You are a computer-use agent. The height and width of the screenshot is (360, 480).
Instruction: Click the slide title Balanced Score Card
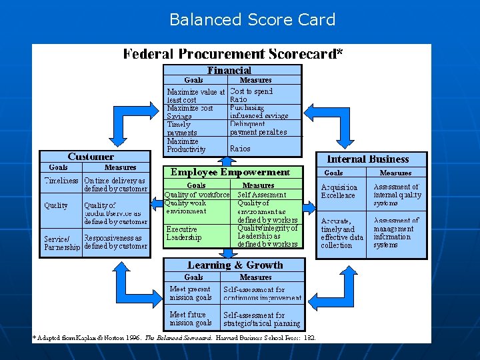pyautogui.click(x=252, y=19)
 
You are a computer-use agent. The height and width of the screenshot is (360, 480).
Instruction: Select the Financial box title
pyautogui.click(x=229, y=70)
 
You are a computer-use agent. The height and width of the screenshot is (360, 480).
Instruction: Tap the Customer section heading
pyautogui.click(x=91, y=157)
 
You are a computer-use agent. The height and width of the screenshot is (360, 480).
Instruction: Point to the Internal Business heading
pyautogui.click(x=367, y=159)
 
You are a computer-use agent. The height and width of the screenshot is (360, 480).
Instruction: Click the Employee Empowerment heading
pyautogui.click(x=230, y=172)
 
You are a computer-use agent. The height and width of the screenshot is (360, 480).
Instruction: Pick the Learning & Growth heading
pyautogui.click(x=235, y=265)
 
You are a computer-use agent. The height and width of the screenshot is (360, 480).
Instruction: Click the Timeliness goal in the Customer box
pyautogui.click(x=61, y=181)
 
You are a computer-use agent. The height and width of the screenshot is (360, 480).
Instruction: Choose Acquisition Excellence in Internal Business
pyautogui.click(x=339, y=191)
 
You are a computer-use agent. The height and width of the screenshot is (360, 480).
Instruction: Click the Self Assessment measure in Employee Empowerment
pyautogui.click(x=261, y=195)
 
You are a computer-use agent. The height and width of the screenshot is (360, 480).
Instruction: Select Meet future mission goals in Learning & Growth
pyautogui.click(x=191, y=319)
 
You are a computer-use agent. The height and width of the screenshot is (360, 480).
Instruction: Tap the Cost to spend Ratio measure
pyautogui.click(x=251, y=95)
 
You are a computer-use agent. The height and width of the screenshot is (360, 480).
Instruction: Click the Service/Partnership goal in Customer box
pyautogui.click(x=62, y=243)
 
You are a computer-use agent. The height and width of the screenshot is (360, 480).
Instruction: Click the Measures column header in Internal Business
pyautogui.click(x=395, y=173)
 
